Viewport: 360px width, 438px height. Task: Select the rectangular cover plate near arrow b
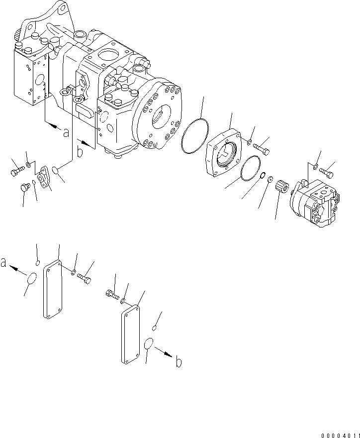click(130, 334)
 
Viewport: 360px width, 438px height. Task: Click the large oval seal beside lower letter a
click(31, 280)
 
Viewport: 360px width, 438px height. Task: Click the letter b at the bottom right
click(178, 362)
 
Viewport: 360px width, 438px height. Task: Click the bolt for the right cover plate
click(111, 294)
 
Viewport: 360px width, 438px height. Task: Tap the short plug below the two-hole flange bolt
click(24, 188)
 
